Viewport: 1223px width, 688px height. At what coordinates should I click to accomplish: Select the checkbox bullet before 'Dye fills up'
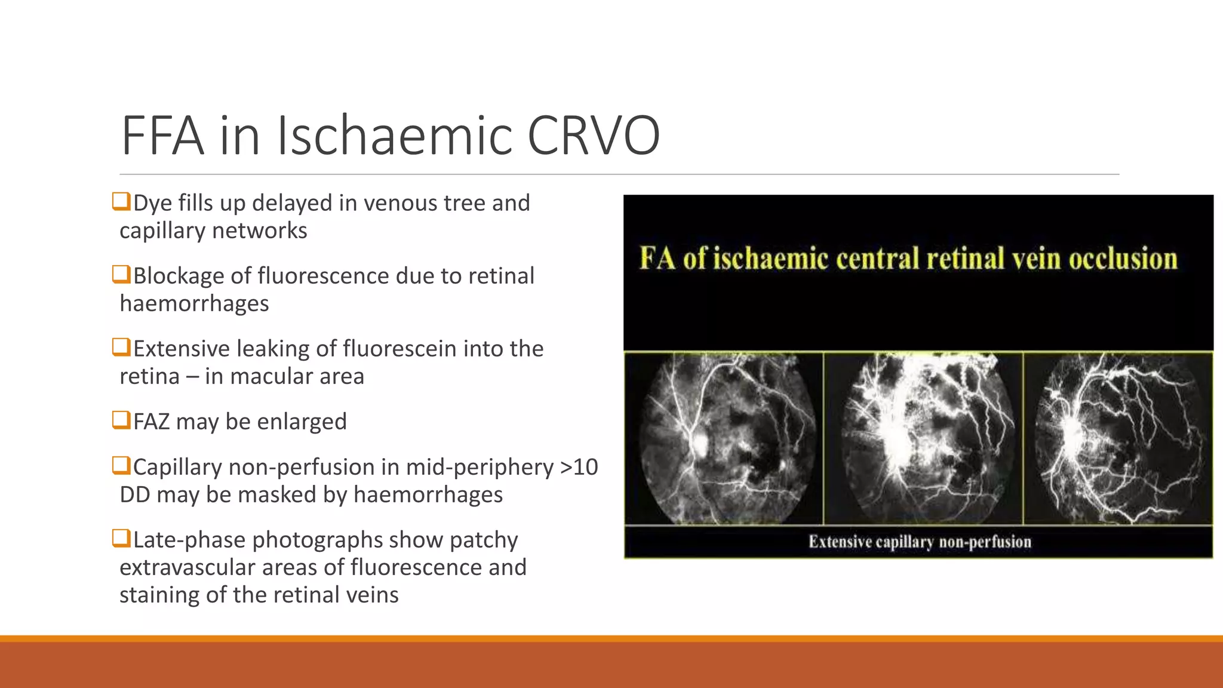pyautogui.click(x=121, y=201)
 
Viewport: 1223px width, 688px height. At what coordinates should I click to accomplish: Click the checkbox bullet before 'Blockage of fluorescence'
pyautogui.click(x=121, y=274)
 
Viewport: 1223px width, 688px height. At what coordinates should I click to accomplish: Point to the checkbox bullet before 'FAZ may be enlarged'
pyautogui.click(x=121, y=420)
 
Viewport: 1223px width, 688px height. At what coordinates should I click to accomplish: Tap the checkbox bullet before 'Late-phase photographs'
pyautogui.click(x=121, y=538)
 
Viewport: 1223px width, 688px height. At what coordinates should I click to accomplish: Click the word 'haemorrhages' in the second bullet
pyautogui.click(x=194, y=304)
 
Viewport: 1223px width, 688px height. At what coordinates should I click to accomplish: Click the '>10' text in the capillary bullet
pyautogui.click(x=579, y=467)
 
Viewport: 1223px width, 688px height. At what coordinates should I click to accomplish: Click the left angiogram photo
pyautogui.click(x=725, y=438)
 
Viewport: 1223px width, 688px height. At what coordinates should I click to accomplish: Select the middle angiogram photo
pyautogui.click(x=923, y=438)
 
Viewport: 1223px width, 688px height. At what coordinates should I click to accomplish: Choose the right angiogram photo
pyautogui.click(x=1118, y=438)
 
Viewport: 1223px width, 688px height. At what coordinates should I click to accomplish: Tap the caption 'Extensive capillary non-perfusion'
pyautogui.click(x=920, y=542)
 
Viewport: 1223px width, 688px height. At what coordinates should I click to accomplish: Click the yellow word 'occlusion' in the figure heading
pyautogui.click(x=1123, y=259)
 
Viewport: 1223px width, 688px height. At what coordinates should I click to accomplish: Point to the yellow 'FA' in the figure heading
pyautogui.click(x=657, y=259)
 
